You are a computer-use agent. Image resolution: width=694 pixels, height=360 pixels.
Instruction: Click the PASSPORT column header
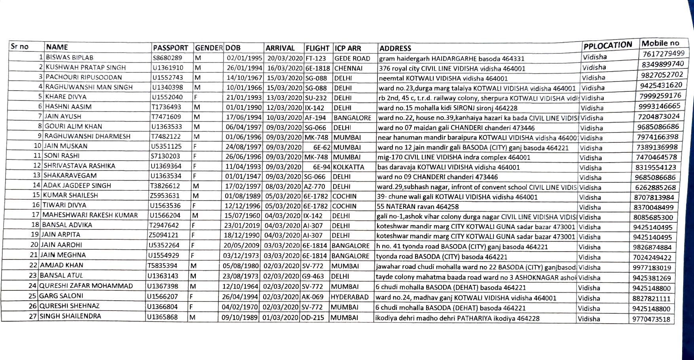coord(171,48)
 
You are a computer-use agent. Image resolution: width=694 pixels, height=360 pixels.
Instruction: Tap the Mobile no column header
coord(660,44)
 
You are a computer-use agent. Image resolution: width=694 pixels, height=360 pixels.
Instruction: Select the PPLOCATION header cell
coord(607,45)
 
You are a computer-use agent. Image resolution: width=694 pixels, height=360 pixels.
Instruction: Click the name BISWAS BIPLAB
coord(70,57)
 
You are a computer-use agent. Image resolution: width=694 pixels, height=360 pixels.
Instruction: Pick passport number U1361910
coord(168,68)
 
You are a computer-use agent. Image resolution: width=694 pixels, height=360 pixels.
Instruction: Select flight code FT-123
coord(316,58)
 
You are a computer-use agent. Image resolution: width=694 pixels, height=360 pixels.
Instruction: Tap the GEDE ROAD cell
coord(352,59)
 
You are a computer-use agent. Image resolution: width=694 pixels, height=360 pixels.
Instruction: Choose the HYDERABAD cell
coord(349,297)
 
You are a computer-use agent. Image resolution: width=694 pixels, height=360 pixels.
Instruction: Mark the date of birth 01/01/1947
coord(243,176)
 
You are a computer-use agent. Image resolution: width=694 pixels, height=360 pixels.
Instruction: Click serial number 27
coord(33,316)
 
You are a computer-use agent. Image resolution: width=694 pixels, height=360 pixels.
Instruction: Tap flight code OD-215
coord(313,317)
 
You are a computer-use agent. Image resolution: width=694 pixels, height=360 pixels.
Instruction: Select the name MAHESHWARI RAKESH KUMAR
coord(90,215)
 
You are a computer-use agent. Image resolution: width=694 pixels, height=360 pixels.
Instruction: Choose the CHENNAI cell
coord(349,68)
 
